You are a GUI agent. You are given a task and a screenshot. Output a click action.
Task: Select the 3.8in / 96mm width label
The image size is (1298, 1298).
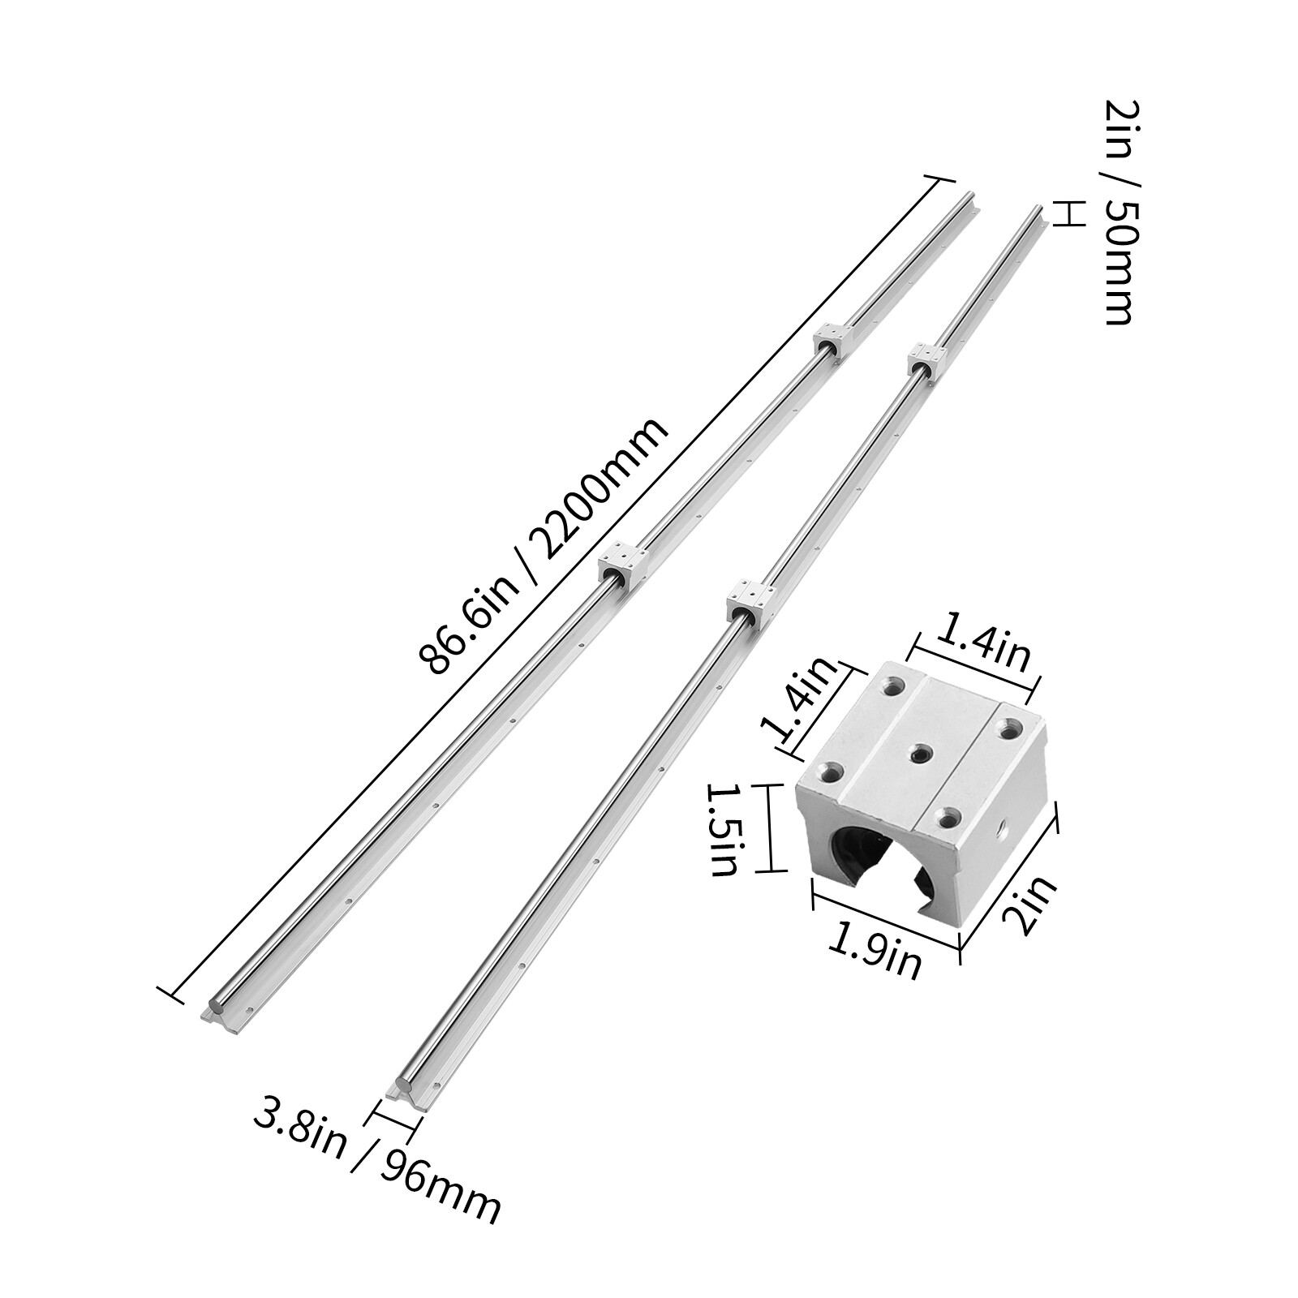pyautogui.click(x=376, y=1163)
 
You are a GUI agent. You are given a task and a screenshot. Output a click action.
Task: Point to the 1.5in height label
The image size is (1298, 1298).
pyautogui.click(x=723, y=827)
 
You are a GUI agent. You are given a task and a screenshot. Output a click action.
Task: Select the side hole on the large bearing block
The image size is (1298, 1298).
pyautogui.click(x=1003, y=830)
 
